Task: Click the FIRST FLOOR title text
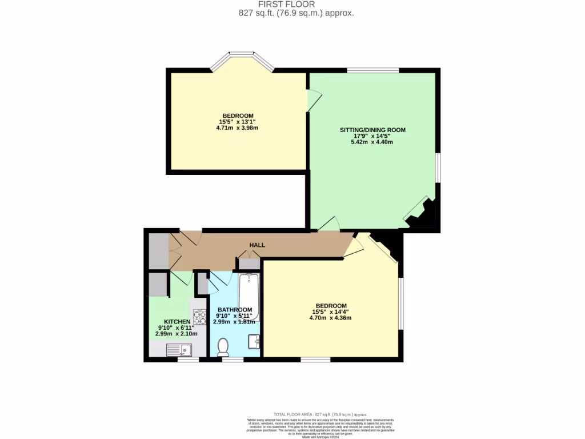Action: tap(294, 4)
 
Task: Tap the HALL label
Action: tap(257, 245)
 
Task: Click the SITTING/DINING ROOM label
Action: tap(372, 130)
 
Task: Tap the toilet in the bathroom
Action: tap(223, 346)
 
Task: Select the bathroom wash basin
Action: tap(255, 341)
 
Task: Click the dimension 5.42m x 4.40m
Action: tap(372, 142)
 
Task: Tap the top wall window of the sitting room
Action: tap(372, 70)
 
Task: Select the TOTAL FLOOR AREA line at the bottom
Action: tap(320, 414)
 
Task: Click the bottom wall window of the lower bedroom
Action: tap(315, 360)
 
